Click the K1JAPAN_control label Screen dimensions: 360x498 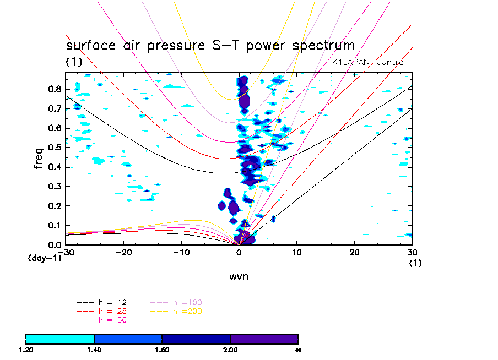pos(369,62)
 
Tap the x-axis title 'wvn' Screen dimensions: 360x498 pos(239,276)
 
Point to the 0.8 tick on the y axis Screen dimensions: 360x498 pos(54,89)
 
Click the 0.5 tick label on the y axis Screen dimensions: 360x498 pos(54,148)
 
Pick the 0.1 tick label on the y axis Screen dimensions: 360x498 pos(54,225)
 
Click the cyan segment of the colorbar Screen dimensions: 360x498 pos(60,339)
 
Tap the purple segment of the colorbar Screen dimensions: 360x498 pos(264,339)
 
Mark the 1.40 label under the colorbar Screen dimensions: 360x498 pos(94,350)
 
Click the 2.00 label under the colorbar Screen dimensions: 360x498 pos(230,350)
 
